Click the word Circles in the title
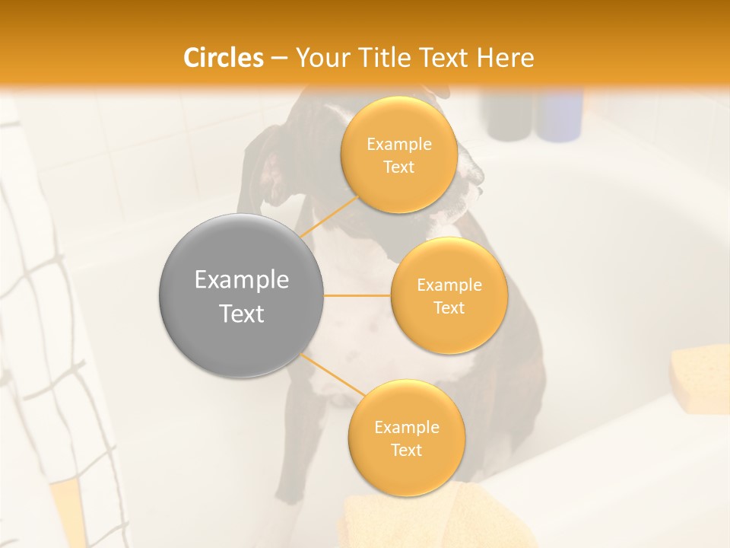click(224, 57)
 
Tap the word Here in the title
click(505, 57)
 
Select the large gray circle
click(241, 295)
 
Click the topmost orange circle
click(398, 155)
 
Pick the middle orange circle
click(449, 295)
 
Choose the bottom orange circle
click(406, 438)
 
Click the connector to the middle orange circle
click(357, 295)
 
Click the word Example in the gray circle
click(241, 279)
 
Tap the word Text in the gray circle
click(241, 314)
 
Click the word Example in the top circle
click(398, 144)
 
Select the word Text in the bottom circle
click(406, 450)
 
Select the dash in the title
click(279, 57)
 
